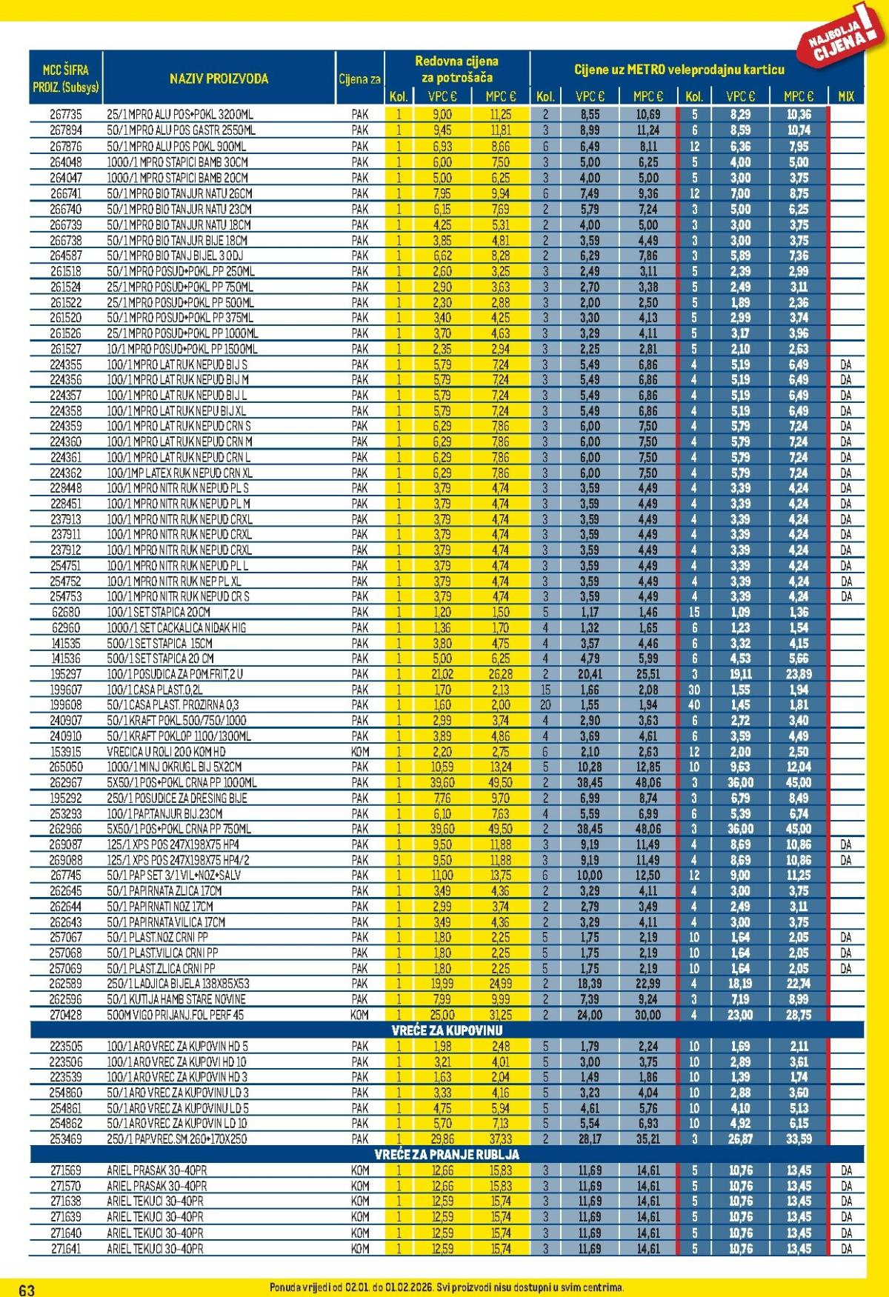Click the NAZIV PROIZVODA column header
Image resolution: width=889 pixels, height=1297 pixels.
click(x=219, y=79)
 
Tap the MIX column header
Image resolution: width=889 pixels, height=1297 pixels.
click(x=845, y=96)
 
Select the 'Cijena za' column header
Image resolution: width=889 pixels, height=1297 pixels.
click(x=359, y=79)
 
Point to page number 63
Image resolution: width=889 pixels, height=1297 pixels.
click(x=27, y=1290)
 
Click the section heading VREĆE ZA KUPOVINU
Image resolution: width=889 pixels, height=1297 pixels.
click(x=447, y=1030)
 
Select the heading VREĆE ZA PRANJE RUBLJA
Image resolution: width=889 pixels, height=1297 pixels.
click(x=447, y=1154)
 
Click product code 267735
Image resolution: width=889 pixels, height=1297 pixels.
click(x=65, y=115)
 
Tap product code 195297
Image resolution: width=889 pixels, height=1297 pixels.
click(x=65, y=674)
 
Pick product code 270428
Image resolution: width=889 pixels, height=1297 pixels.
click(x=65, y=1015)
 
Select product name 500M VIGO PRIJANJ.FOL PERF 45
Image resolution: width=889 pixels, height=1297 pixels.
click(x=175, y=1015)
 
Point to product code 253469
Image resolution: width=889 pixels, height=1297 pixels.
click(x=65, y=1138)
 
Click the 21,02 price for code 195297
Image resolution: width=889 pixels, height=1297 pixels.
click(x=442, y=674)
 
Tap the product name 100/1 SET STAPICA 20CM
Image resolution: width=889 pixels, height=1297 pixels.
click(x=159, y=612)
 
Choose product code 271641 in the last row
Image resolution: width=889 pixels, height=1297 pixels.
click(x=65, y=1248)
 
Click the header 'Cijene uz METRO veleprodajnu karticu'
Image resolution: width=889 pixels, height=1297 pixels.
click(x=679, y=70)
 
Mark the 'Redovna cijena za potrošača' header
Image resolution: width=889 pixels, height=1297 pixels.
click(x=456, y=69)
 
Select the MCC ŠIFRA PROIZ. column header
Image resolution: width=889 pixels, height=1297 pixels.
click(x=65, y=79)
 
